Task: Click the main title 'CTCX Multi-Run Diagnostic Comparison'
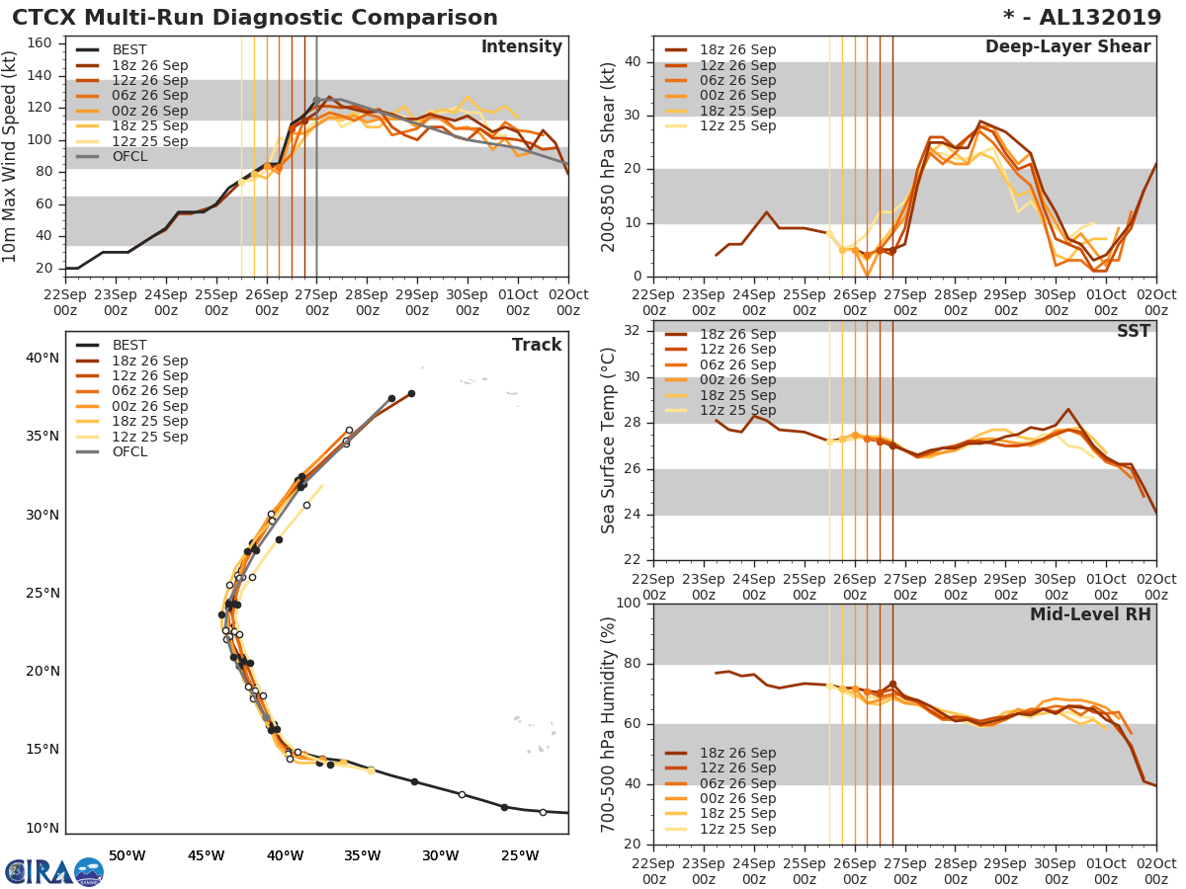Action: (x=255, y=18)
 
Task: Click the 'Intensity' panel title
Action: (x=521, y=47)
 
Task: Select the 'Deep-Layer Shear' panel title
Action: (x=1067, y=47)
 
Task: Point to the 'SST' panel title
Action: (x=1133, y=331)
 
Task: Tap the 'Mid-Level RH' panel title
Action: (x=1090, y=614)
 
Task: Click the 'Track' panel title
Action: (x=537, y=345)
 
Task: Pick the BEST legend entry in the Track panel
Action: (x=129, y=346)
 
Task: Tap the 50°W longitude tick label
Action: (x=127, y=855)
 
